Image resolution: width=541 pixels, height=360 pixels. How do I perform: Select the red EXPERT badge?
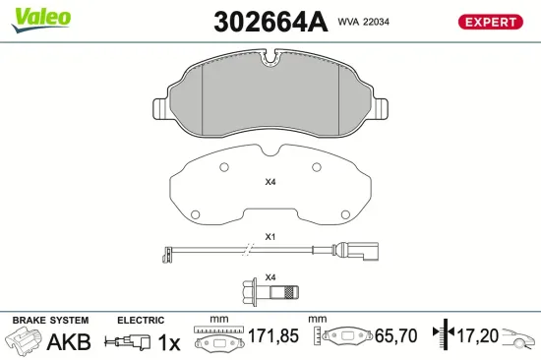click(489, 22)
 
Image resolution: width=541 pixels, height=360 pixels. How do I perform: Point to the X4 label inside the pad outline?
click(270, 182)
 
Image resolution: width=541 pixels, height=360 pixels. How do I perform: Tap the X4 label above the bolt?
click(270, 275)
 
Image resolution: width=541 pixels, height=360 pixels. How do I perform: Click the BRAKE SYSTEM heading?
click(49, 321)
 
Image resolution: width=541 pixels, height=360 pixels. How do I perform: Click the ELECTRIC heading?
click(140, 321)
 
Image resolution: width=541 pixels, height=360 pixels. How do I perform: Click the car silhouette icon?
click(519, 338)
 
